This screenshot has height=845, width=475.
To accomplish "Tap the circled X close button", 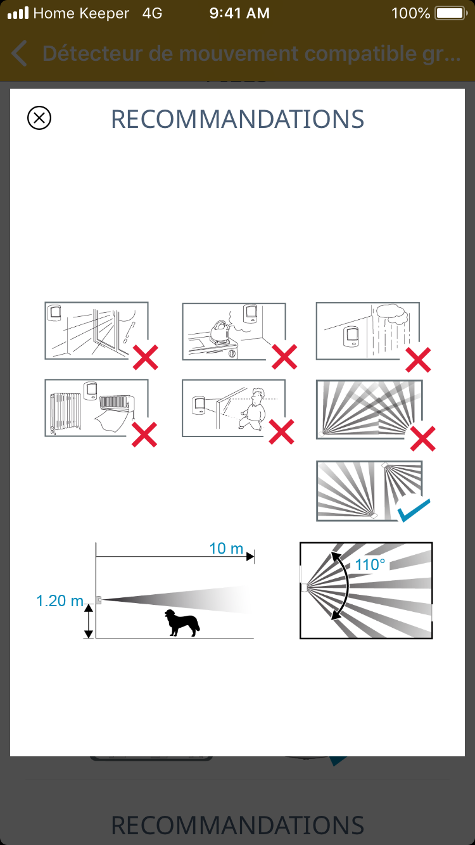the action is click(39, 118).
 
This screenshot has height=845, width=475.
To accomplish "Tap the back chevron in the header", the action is click(19, 53).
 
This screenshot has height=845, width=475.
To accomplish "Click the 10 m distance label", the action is click(226, 549).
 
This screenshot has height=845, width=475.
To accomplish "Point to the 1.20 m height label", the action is click(60, 601).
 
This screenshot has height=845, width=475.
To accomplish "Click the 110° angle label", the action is click(370, 565).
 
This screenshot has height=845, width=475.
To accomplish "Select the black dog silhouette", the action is click(182, 623).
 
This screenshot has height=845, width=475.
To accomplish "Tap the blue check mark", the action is click(414, 510).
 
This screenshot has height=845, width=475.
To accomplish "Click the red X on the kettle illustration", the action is click(284, 357).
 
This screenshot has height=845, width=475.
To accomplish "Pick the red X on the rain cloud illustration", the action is click(418, 360).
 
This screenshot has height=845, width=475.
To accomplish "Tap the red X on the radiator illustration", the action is click(144, 435).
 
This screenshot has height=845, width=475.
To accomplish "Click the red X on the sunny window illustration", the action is click(146, 357).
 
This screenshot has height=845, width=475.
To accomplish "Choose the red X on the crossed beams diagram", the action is click(423, 438).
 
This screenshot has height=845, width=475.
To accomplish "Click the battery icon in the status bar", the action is click(451, 13).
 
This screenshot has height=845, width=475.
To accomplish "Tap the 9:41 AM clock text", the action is click(239, 13).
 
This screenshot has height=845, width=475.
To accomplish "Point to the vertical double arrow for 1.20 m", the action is click(88, 621).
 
